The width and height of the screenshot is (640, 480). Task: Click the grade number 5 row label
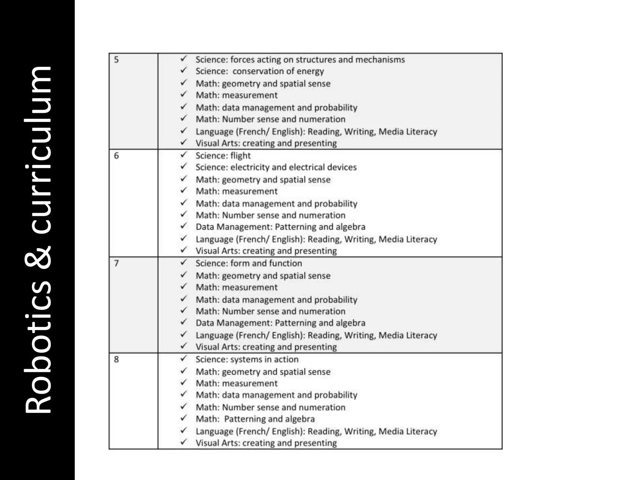(116, 59)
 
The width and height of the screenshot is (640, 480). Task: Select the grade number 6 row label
(116, 156)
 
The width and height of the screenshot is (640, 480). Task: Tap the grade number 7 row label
(116, 263)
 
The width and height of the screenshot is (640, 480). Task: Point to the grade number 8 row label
(116, 359)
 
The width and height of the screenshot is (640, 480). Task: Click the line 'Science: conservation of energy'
(259, 71)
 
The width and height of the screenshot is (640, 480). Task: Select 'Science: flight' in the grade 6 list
(223, 156)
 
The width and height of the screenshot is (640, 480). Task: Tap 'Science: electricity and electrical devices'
(276, 167)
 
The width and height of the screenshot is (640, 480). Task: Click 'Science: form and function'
(249, 263)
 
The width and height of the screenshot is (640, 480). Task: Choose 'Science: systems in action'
(247, 359)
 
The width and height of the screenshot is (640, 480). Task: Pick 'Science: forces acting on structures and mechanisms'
(300, 59)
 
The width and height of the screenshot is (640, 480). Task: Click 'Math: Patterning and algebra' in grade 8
(255, 419)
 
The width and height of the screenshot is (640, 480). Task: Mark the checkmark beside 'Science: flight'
(183, 155)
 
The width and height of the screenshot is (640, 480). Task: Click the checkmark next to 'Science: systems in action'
(183, 358)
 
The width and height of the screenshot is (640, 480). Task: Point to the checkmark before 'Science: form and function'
(183, 262)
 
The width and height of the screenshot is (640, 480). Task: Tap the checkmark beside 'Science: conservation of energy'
(183, 70)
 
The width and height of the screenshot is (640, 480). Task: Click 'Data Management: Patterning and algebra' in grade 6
(280, 227)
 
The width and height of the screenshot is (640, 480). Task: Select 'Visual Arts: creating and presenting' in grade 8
(266, 443)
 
